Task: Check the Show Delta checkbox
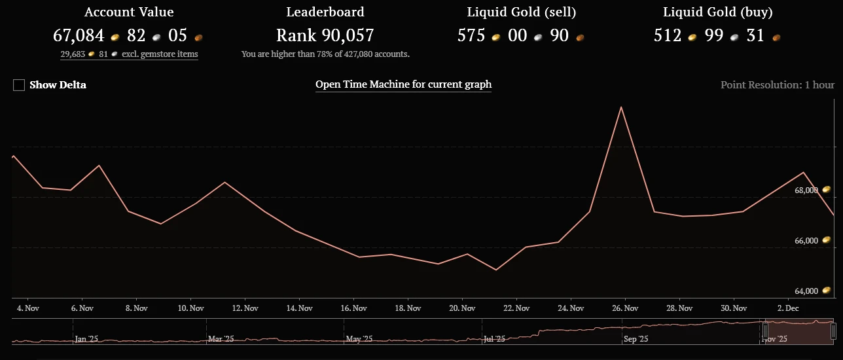click(x=19, y=85)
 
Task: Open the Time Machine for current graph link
click(x=403, y=84)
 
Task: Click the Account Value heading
click(x=129, y=12)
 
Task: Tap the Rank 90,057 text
click(x=325, y=35)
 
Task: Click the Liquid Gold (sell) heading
click(x=521, y=12)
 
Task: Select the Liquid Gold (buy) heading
click(x=717, y=12)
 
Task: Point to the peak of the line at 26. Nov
click(x=620, y=107)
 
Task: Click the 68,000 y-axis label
click(x=806, y=190)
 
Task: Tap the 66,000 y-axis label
click(x=806, y=241)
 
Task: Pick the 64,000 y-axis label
click(x=806, y=291)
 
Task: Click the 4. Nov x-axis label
click(x=27, y=308)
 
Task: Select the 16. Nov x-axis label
click(x=353, y=308)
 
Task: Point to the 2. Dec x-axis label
click(x=787, y=308)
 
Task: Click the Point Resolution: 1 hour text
click(x=777, y=85)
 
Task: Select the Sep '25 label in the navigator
click(x=636, y=338)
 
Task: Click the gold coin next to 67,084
click(x=115, y=37)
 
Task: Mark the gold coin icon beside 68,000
click(x=826, y=190)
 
